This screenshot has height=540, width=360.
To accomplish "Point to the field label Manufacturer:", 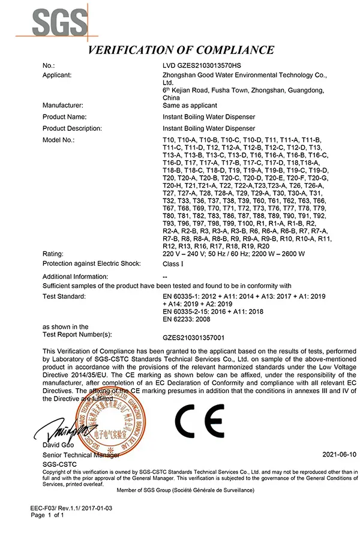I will (63, 106).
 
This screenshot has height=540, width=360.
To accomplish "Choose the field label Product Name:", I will (65, 117).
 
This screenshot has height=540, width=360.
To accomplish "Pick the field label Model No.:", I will (59, 140).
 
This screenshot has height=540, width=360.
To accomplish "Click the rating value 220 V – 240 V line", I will (233, 254).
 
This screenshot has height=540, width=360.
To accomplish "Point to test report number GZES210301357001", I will (202, 337).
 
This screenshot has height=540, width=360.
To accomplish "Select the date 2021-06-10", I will (339, 455).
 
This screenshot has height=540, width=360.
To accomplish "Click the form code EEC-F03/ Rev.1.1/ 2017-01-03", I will (71, 508).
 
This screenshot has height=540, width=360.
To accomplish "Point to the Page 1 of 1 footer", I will (47, 515).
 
